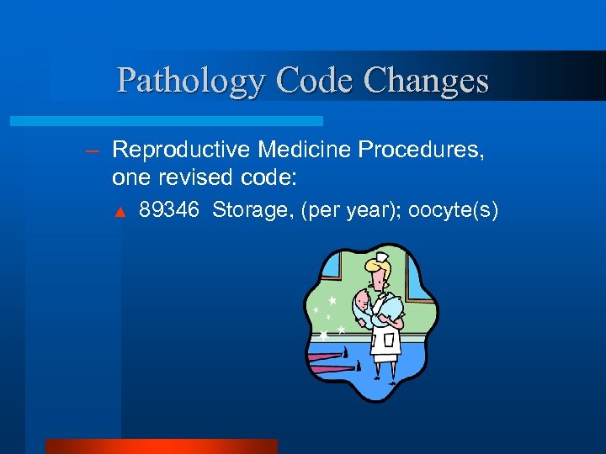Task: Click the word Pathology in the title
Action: (190, 81)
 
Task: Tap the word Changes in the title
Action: (428, 81)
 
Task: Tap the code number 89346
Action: (169, 209)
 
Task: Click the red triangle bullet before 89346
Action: (120, 211)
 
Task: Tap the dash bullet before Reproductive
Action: (93, 151)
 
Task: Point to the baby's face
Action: (360, 300)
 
